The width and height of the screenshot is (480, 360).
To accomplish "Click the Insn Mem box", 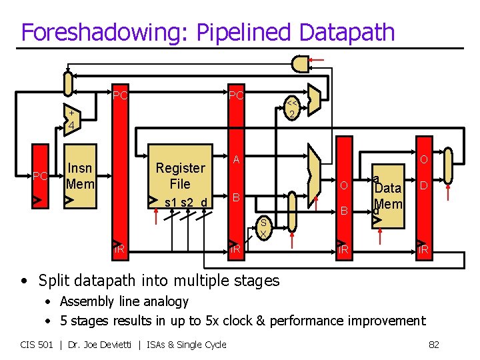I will pyautogui.click(x=80, y=175).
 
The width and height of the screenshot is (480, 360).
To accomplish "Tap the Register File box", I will pyautogui.click(x=181, y=177).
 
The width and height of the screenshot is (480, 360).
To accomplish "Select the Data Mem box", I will pyautogui.click(x=388, y=197).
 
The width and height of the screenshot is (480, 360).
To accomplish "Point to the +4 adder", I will pyautogui.click(x=70, y=119).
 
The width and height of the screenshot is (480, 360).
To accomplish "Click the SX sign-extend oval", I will pyautogui.click(x=263, y=228).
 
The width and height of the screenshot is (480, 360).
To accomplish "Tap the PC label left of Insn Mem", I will pyautogui.click(x=40, y=177).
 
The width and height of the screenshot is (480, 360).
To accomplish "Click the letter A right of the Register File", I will pyautogui.click(x=236, y=159).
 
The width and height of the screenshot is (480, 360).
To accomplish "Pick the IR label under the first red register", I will pyautogui.click(x=119, y=250).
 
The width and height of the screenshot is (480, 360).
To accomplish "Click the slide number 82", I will pyautogui.click(x=433, y=344).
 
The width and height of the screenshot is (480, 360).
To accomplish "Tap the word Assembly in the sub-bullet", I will pyautogui.click(x=84, y=301).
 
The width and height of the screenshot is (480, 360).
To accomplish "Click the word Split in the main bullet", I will pyautogui.click(x=54, y=280).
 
